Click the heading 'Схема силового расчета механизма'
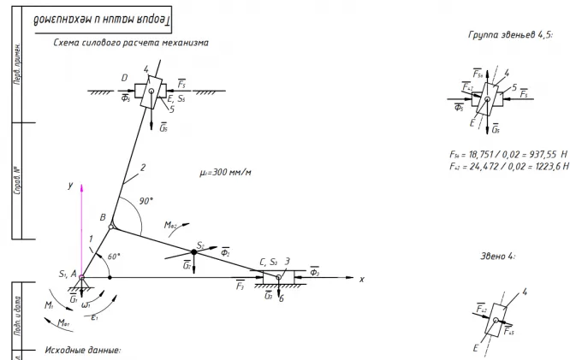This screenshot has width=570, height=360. pyautogui.click(x=130, y=42)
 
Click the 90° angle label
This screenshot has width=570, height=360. pyautogui.click(x=146, y=202)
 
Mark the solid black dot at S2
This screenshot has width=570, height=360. pyautogui.click(x=194, y=252)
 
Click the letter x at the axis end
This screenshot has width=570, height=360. pyautogui.click(x=361, y=280)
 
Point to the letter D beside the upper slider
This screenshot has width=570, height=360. pyautogui.click(x=124, y=80)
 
